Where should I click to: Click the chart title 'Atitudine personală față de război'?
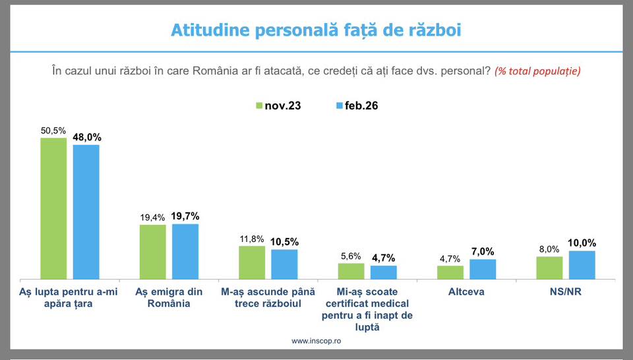point(316,30)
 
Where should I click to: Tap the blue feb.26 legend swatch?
point(340,105)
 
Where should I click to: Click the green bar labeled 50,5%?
point(53,208)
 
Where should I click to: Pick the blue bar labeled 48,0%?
point(86,212)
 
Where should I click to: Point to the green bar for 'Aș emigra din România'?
point(152,252)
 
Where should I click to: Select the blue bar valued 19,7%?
point(185,251)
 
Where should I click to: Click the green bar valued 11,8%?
point(252,262)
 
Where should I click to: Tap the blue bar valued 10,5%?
point(285,264)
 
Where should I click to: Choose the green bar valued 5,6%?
point(351,271)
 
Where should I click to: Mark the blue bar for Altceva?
point(483,269)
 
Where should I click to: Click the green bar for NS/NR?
point(549,268)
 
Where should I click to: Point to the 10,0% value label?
point(582,243)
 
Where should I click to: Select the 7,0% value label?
point(483,251)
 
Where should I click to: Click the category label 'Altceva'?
point(466,291)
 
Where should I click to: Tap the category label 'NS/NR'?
point(565,291)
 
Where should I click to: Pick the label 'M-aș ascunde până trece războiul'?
point(268,297)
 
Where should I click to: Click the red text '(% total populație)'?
point(537,71)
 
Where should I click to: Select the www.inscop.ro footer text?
point(316,341)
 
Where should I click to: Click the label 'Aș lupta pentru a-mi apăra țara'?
point(70,297)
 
